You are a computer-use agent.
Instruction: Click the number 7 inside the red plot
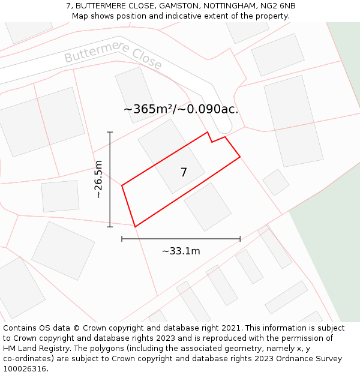[x=184, y=173]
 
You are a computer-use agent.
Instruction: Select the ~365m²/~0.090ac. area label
[x=181, y=109]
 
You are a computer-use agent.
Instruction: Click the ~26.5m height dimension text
[x=98, y=179]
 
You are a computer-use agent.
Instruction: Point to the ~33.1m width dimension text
[x=181, y=251]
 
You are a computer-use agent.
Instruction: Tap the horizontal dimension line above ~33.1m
[x=180, y=239]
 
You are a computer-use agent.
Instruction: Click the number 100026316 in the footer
[x=25, y=368]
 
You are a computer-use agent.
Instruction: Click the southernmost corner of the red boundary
[x=135, y=227]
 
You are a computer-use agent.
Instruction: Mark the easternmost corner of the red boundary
[x=240, y=157]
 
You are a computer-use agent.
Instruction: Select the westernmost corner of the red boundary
[x=122, y=185]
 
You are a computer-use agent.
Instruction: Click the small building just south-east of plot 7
[x=208, y=207]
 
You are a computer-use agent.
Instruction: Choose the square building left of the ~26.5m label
[x=60, y=196]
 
